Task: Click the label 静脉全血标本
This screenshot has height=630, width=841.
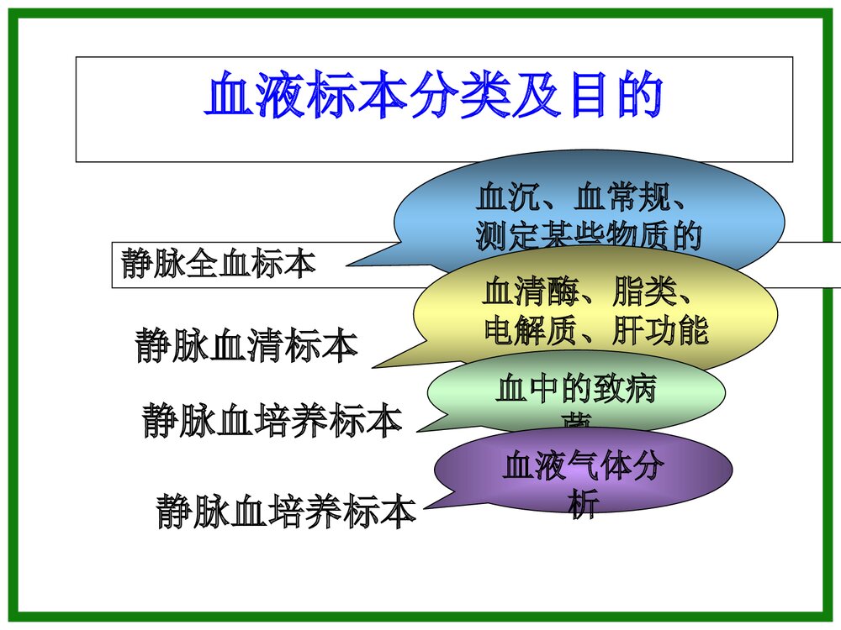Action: tap(219, 263)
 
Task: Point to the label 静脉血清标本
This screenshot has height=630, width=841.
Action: tap(246, 346)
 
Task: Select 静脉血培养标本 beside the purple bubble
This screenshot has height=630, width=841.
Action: tap(286, 511)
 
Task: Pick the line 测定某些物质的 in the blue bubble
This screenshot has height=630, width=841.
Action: tap(588, 237)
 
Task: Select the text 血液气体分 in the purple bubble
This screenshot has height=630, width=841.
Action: tap(583, 467)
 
